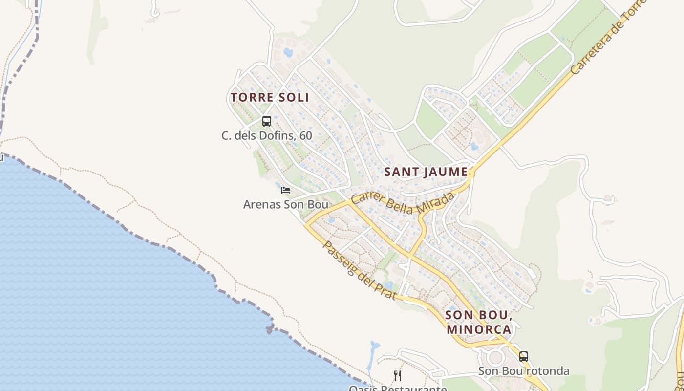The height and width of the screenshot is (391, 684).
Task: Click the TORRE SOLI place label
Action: (270, 97)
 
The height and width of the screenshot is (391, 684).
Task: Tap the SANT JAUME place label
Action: (426, 172)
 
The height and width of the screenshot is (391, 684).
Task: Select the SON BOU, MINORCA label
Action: (478, 322)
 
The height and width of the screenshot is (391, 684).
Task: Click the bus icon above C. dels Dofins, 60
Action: (267, 121)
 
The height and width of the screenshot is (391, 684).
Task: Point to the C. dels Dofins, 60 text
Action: (267, 135)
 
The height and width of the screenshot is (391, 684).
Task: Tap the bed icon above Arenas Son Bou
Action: (286, 190)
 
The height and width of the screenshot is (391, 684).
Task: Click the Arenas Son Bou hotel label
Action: (286, 204)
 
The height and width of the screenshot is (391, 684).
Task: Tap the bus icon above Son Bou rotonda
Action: (524, 357)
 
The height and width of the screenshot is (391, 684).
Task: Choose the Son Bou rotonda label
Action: (524, 371)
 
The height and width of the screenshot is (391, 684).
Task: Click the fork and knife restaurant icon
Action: (398, 375)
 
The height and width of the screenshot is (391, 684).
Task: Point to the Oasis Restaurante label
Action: (398, 388)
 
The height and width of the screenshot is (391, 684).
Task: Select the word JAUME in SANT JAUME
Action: (446, 172)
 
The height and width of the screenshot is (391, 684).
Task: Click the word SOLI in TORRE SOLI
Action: (293, 97)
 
